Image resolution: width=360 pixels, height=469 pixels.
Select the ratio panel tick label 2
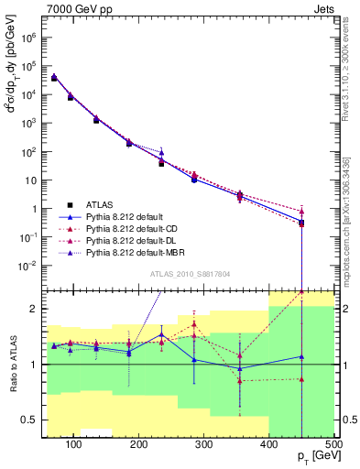[x=37, y=309]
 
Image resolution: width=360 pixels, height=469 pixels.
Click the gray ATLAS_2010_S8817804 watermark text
[x=190, y=273]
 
